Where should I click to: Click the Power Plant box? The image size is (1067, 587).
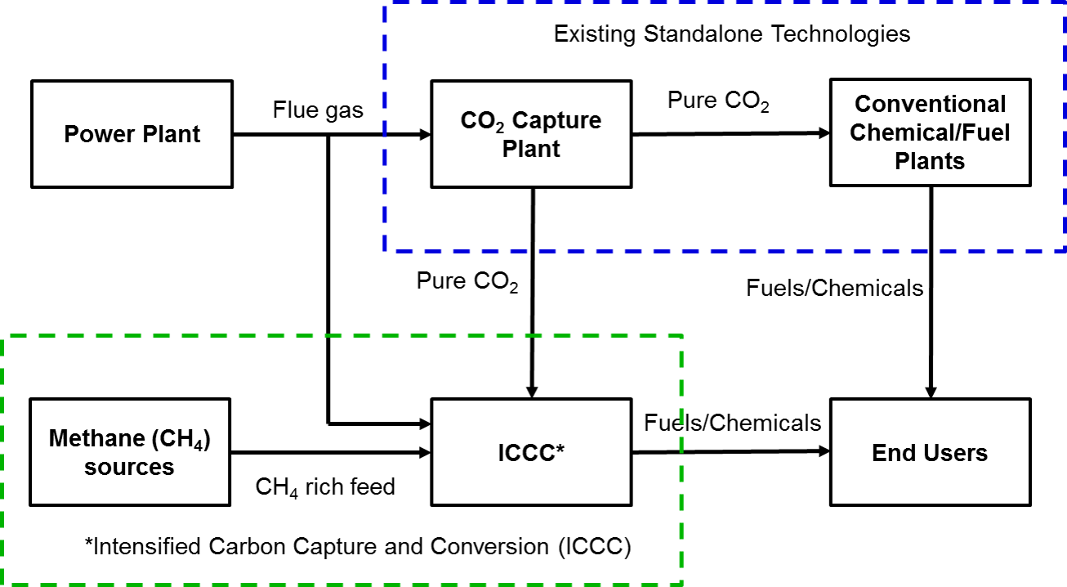point(132,134)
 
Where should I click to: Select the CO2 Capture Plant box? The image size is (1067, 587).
point(531,134)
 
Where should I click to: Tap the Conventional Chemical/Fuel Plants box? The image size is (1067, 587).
point(930,132)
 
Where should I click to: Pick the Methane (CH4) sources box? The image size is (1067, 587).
point(129,452)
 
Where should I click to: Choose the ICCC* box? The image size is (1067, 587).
point(531,452)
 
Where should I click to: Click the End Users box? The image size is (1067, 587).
point(930,452)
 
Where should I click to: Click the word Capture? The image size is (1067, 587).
point(564,121)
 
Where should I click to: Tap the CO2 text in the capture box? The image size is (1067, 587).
point(478,122)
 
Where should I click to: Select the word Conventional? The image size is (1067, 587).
point(930,105)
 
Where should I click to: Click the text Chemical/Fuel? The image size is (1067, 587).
point(930,132)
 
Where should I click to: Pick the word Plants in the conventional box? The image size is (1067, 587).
point(930,161)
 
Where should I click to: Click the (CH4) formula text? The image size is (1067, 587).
point(181,440)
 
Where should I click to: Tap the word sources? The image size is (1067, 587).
point(129,467)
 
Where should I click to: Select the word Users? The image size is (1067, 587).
point(953,453)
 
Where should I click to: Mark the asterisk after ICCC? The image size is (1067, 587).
point(560,449)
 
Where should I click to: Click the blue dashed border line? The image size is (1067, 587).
point(719,250)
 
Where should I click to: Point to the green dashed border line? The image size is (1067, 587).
point(343,335)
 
